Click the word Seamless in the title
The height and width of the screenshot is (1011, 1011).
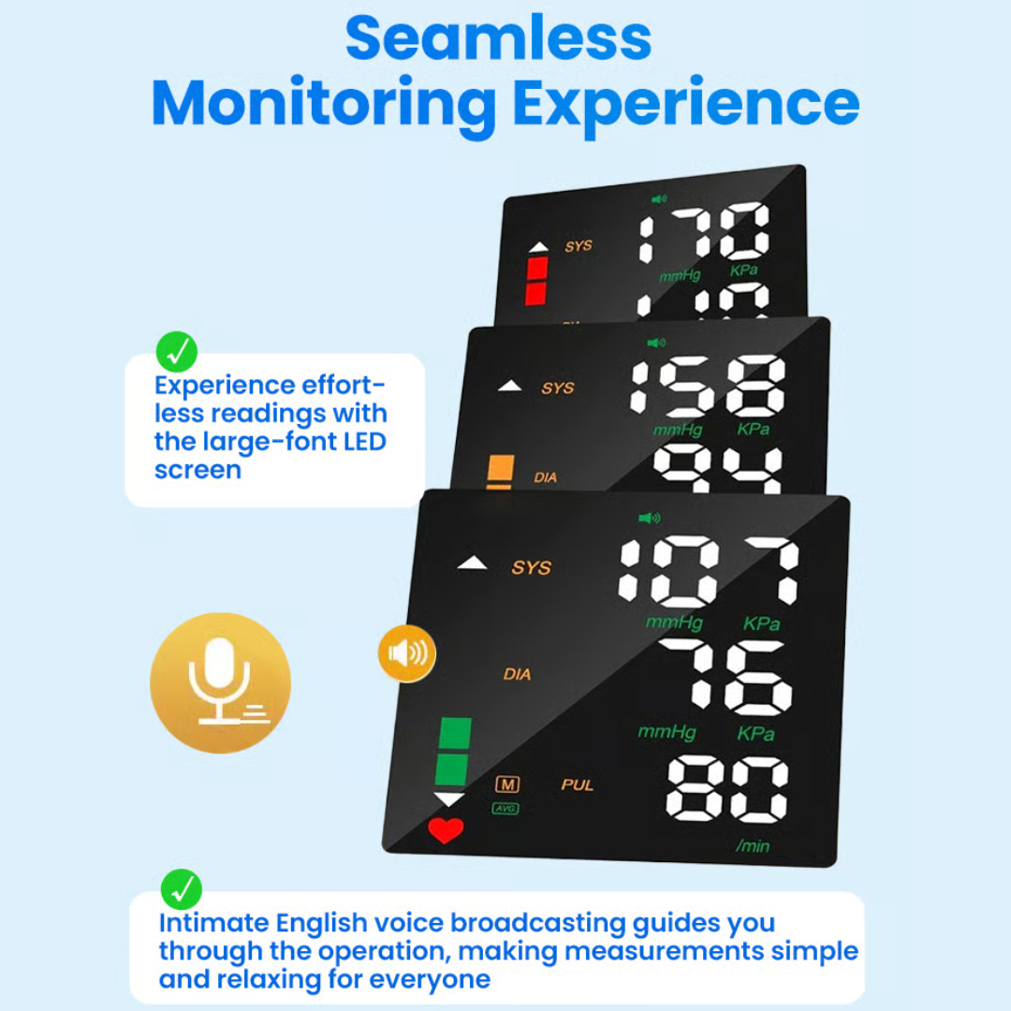498,38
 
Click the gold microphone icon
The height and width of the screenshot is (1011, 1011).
220,682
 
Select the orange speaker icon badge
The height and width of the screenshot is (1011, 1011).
407,653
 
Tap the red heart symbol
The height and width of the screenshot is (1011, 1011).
446,829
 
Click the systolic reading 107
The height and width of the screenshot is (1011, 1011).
709,571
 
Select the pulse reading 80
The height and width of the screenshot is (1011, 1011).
726,789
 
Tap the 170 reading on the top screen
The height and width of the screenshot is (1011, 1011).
703,231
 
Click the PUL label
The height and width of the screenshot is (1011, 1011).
577,784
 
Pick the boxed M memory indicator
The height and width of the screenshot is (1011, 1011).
507,784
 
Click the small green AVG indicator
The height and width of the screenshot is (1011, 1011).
505,809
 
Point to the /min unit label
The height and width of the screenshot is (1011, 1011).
753,845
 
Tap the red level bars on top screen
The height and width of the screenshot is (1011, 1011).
536,281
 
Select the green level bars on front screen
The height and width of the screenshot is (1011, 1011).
454,751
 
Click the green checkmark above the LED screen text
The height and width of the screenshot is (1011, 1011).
177,351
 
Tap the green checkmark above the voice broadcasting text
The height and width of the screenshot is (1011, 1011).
182,890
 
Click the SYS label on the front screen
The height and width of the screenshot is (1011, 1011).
532,567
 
